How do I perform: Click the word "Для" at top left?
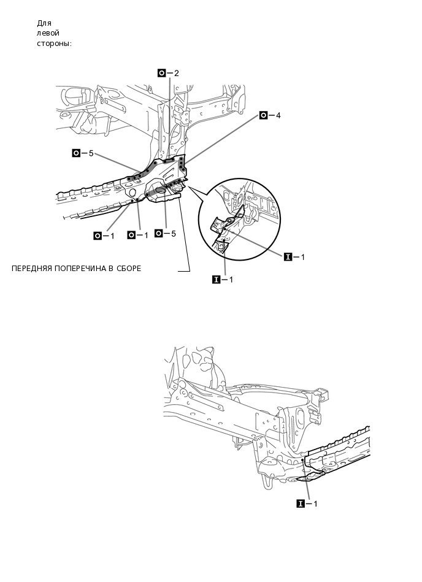tap(44, 23)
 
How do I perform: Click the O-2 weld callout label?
tap(169, 73)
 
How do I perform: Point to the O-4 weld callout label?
tap(270, 115)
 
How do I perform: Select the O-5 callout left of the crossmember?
tap(82, 153)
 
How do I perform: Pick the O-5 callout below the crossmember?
tap(165, 234)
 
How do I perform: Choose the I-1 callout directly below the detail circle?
tap(222, 280)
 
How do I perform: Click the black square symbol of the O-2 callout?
tap(162, 73)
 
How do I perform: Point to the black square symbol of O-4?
tap(263, 115)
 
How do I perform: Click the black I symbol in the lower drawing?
tap(300, 504)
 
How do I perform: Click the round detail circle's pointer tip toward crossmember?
tap(188, 186)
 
